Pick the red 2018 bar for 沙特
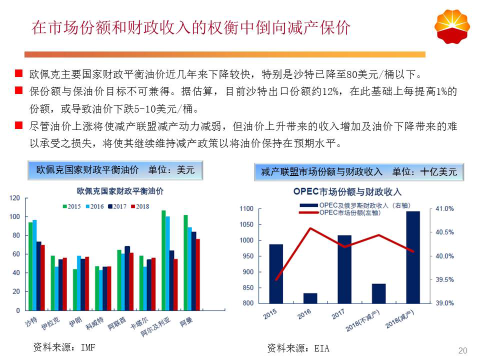coord(43,277)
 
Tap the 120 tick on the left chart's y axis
coord(15,198)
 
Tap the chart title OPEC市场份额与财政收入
coord(347,192)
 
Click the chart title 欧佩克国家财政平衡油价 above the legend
coord(120,191)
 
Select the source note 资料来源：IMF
coord(63,346)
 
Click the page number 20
coord(462,350)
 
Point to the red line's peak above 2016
coord(310,228)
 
